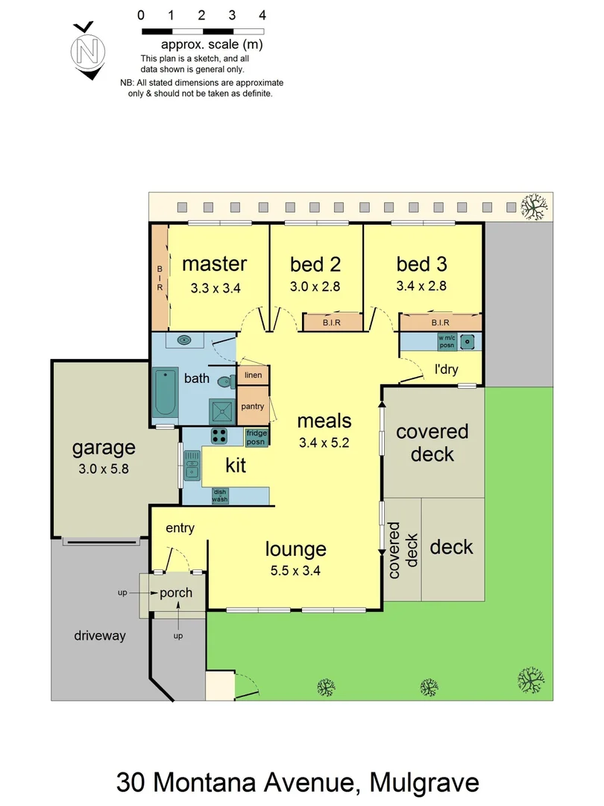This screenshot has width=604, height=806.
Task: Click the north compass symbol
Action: click(x=88, y=51)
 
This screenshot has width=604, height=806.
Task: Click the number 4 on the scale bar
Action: click(x=262, y=14)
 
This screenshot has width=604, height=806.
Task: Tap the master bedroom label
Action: click(x=214, y=263)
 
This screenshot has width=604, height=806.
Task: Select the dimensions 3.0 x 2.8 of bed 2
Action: click(x=315, y=286)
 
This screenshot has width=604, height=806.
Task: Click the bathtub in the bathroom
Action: click(x=165, y=394)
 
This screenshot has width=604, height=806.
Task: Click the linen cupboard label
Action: click(x=253, y=375)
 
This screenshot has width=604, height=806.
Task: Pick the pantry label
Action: click(x=253, y=405)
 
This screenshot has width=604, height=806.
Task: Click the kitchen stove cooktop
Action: click(x=220, y=436)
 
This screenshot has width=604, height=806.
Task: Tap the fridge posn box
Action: click(x=257, y=437)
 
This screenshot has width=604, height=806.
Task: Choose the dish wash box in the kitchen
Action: click(x=220, y=496)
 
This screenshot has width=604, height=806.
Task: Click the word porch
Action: click(x=176, y=593)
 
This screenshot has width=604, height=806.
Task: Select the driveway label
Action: click(x=100, y=636)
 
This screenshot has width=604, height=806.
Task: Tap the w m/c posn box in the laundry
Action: click(x=447, y=342)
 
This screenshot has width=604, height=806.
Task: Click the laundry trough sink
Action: click(x=469, y=342)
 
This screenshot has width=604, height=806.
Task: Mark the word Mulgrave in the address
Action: click(x=421, y=783)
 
